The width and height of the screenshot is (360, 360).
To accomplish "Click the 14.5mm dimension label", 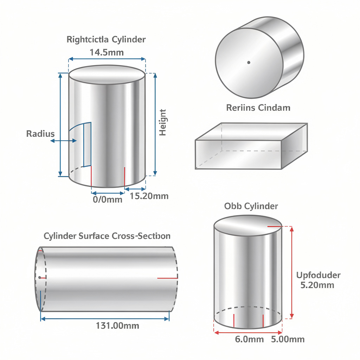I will click(x=107, y=52).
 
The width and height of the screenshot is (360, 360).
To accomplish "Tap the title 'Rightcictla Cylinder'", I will click(x=106, y=39).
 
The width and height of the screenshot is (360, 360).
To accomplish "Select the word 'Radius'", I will click(x=40, y=134).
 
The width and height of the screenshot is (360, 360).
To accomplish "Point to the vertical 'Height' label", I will click(x=163, y=122).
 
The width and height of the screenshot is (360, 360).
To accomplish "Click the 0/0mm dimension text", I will click(x=107, y=200).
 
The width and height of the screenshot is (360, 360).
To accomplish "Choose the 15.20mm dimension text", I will click(x=149, y=196).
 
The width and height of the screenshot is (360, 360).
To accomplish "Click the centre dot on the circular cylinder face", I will click(x=249, y=63).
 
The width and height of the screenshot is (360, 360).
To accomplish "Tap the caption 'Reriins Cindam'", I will click(x=258, y=108).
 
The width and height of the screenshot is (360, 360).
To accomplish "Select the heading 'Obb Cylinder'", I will click(x=251, y=206).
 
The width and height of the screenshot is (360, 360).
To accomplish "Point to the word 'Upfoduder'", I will click(x=318, y=275).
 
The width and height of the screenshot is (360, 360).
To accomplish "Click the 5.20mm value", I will click(x=317, y=285).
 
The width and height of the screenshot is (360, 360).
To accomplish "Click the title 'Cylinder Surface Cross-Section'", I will click(x=107, y=236).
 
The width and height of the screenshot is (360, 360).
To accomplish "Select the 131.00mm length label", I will click(x=117, y=326).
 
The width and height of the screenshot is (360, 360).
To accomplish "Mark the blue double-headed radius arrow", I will click(x=64, y=141).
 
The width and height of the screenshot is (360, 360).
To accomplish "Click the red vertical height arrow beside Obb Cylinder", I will click(x=291, y=272).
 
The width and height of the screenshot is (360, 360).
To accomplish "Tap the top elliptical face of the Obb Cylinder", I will click(x=247, y=225).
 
